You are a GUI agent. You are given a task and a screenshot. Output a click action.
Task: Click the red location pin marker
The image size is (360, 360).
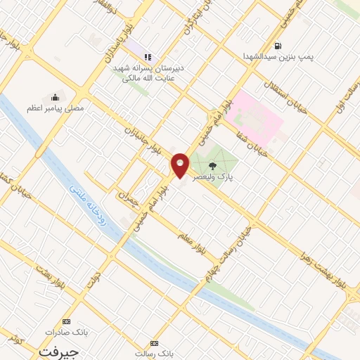(180, 165)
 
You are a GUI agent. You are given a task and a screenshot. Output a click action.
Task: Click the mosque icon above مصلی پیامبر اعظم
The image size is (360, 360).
(55, 97)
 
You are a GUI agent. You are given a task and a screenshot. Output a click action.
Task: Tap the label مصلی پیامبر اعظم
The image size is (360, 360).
(55, 109)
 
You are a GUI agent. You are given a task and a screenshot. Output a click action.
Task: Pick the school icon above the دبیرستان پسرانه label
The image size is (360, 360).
(147, 57)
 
